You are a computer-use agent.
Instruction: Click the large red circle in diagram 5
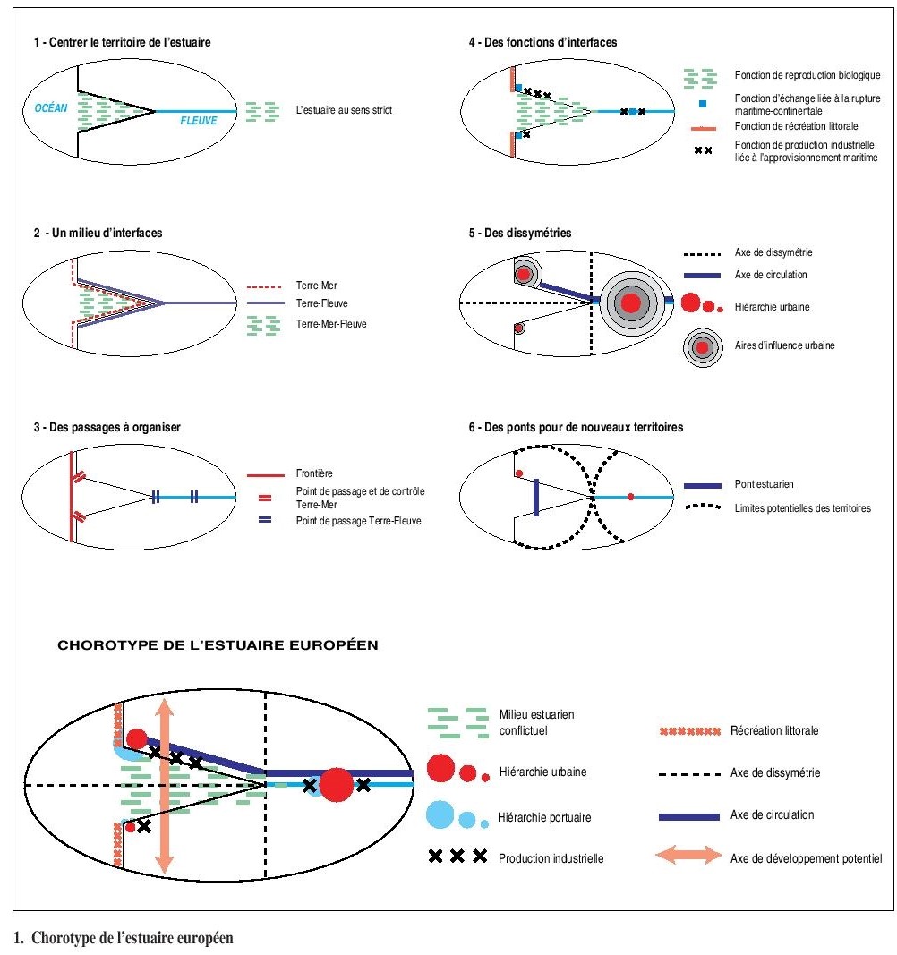click(x=631, y=303)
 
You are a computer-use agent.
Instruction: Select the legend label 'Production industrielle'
click(x=551, y=857)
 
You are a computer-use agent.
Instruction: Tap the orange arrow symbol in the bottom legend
click(x=688, y=857)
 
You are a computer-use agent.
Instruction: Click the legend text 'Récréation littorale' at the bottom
click(x=774, y=730)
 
